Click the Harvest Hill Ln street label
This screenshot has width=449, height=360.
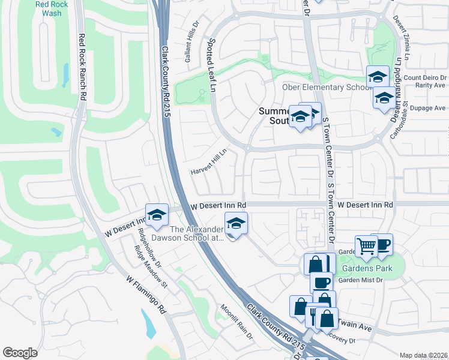[208, 162]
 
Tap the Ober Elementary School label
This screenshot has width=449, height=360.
[324, 88]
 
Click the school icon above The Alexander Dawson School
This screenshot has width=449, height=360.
[236, 224]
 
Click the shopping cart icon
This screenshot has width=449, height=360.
[366, 245]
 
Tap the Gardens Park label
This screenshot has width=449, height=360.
[368, 268]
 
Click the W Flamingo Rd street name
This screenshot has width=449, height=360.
[146, 295]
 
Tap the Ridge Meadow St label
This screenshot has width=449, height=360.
[150, 269]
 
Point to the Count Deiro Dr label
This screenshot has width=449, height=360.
[425, 78]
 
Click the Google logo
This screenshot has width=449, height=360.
[20, 353]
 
